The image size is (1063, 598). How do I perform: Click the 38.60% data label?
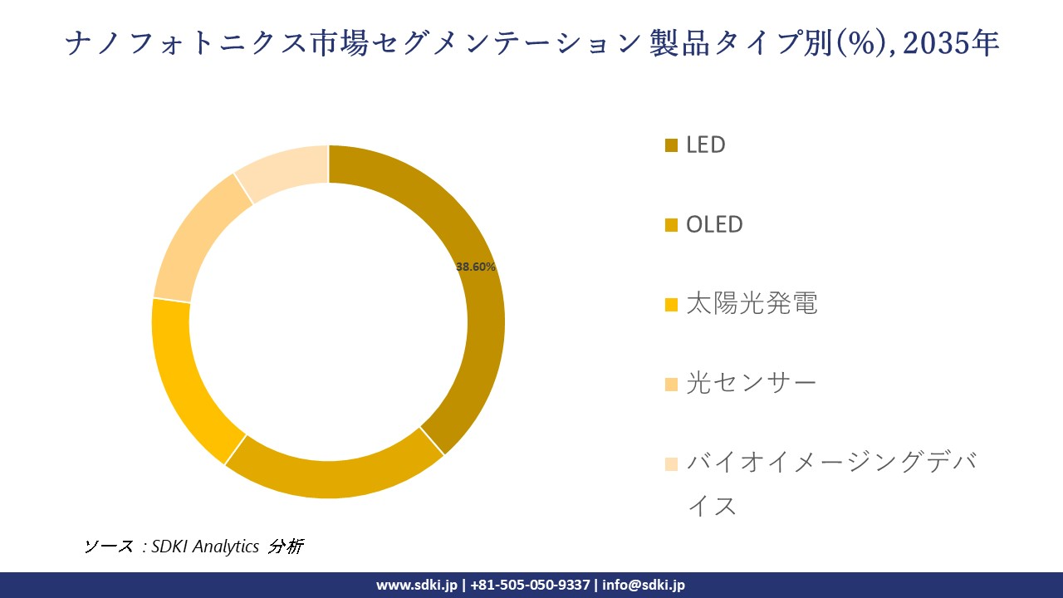pyautogui.click(x=476, y=267)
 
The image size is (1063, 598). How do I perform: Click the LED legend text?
pyautogui.click(x=705, y=145)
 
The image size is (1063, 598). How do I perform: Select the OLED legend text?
pyautogui.click(x=714, y=224)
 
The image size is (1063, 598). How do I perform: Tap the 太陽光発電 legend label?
pyautogui.click(x=752, y=303)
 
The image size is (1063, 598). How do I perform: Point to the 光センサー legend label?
pyautogui.click(x=751, y=383)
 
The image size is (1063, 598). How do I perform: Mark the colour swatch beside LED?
pyautogui.click(x=672, y=146)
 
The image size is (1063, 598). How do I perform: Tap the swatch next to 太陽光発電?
pyautogui.click(x=672, y=305)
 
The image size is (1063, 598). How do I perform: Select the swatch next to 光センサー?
pyautogui.click(x=672, y=385)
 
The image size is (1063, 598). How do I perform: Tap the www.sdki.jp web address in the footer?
pyautogui.click(x=416, y=585)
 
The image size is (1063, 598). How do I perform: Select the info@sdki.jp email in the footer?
pyautogui.click(x=644, y=585)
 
